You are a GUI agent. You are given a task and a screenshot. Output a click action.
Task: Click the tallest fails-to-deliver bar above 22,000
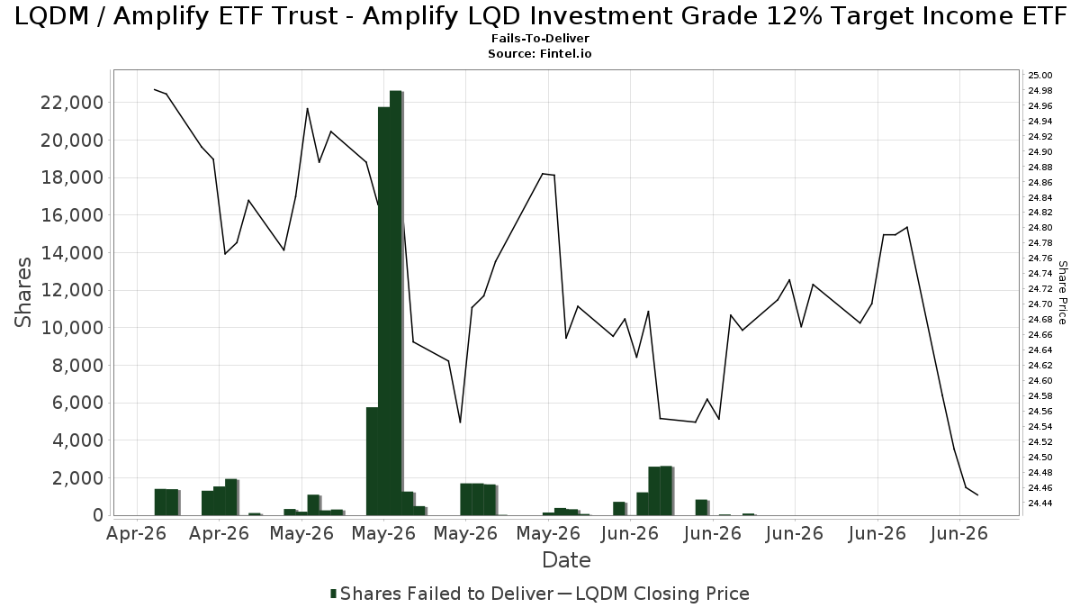pos(396,303)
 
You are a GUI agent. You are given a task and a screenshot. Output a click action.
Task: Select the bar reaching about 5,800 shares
pos(373,461)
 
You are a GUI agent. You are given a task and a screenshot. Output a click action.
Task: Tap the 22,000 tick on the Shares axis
pos(72,103)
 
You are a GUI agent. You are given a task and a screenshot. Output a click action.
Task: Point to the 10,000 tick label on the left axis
pos(72,328)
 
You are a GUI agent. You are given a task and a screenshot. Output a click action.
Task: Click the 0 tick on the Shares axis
pos(98,516)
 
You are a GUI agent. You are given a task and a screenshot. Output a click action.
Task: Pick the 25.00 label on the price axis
pos(1040,76)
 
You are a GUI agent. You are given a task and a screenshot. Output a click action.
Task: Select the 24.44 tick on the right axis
pos(1040,504)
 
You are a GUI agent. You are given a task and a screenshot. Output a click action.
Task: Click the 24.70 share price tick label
pos(1040,304)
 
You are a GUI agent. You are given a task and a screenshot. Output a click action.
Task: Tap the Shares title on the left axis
pos(22,293)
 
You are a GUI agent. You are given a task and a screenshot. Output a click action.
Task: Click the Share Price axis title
pos(1062,293)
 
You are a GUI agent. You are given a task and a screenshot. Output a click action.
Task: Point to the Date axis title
pos(566,560)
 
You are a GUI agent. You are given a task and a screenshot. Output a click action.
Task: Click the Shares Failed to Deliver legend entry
pos(442,594)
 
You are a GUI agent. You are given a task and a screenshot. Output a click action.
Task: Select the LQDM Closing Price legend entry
pos(653,594)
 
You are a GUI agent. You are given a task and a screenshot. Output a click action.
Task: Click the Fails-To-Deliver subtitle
pos(540,38)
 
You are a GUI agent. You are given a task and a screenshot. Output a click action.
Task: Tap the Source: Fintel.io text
pos(539,53)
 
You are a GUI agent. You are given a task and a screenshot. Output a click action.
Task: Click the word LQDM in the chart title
pos(52,16)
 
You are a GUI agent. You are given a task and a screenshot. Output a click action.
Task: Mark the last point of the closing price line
pos(977,495)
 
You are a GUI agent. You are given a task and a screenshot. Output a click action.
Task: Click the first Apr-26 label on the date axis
pos(137,533)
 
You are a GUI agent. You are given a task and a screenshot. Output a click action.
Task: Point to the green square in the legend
pos(333,594)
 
